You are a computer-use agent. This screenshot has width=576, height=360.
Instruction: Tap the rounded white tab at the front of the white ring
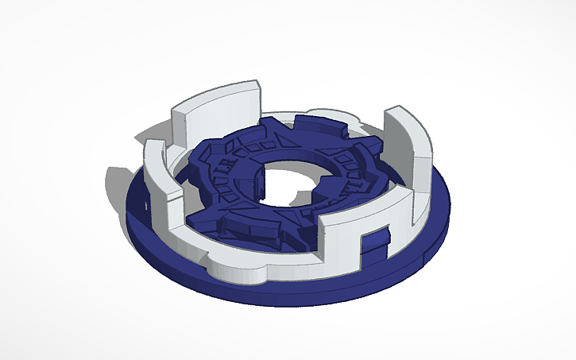pos(238,271)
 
